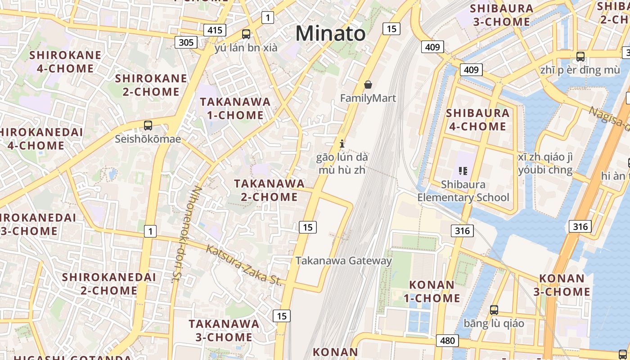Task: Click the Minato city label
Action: pos(330,34)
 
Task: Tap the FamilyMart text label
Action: pos(368,98)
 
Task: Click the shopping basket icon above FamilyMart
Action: pos(368,85)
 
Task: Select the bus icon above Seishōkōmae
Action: pos(148,126)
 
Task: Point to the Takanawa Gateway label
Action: pos(344,261)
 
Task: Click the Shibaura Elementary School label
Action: pos(463,191)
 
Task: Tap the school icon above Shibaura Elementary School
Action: pos(463,171)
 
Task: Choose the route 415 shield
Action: pos(215,30)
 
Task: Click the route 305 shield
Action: pos(186,42)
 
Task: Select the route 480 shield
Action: pos(447,340)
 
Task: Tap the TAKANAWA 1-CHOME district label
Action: pos(235,108)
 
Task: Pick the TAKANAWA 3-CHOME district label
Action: pos(224,330)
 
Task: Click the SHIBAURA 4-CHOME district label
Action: pos(477,120)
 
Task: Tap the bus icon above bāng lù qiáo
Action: pos(494,310)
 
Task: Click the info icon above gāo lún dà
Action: pos(342,144)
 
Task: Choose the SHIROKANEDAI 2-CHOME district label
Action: pos(109,283)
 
